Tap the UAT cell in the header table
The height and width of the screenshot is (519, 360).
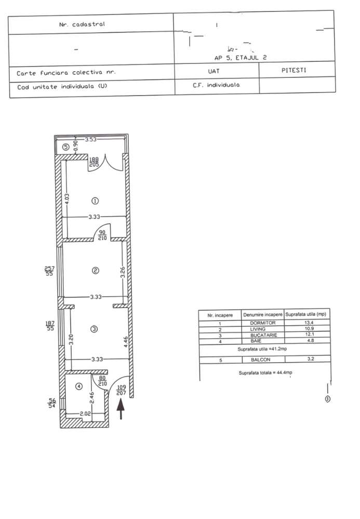click(216, 71)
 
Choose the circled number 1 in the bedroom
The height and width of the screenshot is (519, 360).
click(95, 201)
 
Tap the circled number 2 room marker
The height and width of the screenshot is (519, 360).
click(95, 270)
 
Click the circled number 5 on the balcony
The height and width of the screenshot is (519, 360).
click(65, 147)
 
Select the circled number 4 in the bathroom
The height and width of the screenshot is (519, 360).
click(78, 386)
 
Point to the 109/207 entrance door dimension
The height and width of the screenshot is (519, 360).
click(121, 390)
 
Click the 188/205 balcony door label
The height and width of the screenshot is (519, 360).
click(95, 161)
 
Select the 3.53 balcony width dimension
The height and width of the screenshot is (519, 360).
click(92, 139)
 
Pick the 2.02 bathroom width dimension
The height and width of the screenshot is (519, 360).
click(86, 414)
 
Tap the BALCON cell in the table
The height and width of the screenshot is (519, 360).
click(262, 359)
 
